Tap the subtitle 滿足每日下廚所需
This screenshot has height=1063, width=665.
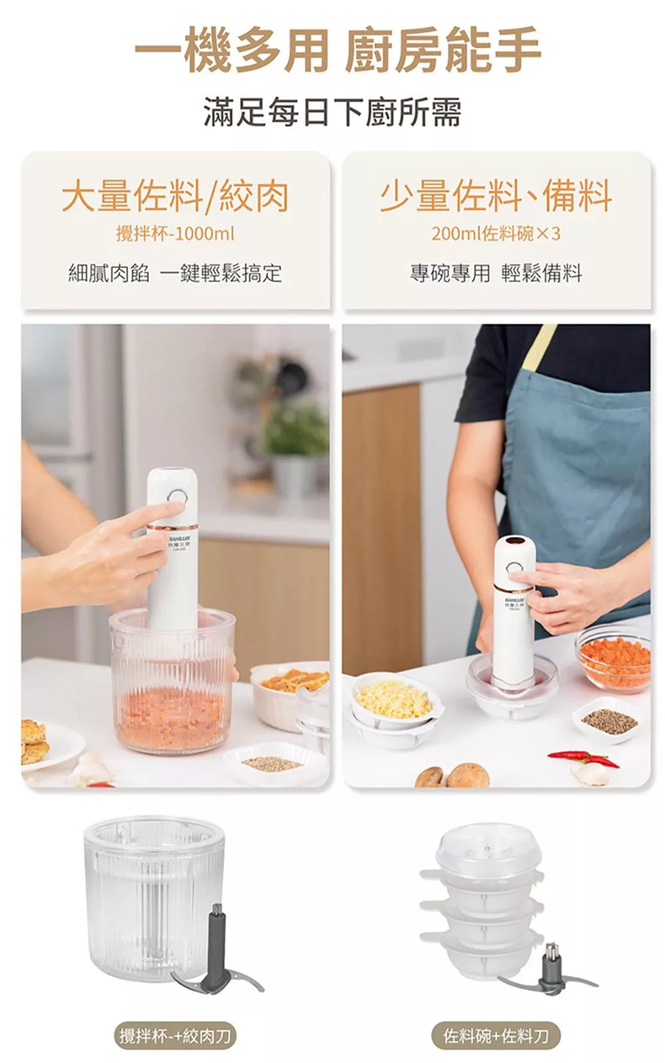point(332,112)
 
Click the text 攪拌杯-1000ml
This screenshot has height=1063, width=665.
point(175,234)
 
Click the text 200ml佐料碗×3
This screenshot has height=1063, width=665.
point(495,234)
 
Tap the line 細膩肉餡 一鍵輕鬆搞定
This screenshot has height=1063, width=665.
point(175,273)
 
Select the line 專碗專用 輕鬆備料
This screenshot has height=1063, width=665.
point(495,273)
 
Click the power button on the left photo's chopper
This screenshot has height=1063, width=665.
point(177,498)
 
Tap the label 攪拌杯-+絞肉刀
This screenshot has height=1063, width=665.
point(175,1035)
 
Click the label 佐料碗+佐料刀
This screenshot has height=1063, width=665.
point(495,1035)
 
